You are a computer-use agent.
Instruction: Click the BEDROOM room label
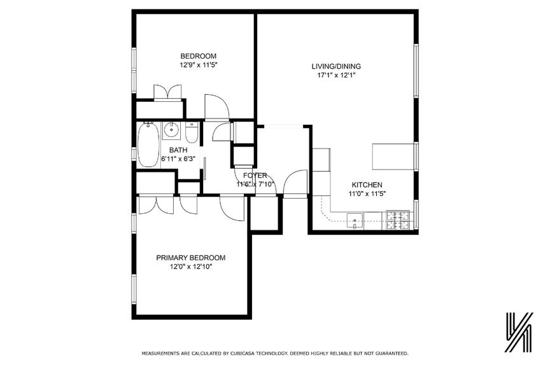click(198, 55)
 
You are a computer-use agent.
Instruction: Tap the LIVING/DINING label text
click(335, 66)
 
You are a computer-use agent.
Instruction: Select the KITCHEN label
click(365, 185)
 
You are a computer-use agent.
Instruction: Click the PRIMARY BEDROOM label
click(191, 258)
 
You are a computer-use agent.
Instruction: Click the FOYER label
click(255, 176)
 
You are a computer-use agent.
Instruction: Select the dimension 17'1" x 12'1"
click(335, 75)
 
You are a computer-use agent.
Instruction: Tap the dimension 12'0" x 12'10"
click(191, 267)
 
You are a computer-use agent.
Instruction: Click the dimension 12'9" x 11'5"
click(198, 64)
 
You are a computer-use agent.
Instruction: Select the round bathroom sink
click(171, 131)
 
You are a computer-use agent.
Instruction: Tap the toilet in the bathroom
click(192, 132)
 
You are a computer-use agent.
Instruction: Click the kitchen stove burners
click(397, 220)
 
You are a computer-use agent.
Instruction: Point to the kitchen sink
click(355, 222)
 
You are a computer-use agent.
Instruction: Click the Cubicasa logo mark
click(518, 332)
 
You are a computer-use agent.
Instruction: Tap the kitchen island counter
click(393, 157)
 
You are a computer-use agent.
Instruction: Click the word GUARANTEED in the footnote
click(386, 353)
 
